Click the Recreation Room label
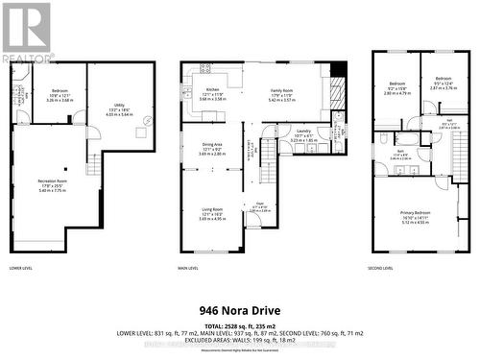[54, 184]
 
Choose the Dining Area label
[213, 148]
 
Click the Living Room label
[213, 211]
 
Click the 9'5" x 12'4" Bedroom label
[443, 83]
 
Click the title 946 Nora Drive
[239, 310]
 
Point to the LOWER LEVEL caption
[20, 268]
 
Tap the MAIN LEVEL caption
[191, 268]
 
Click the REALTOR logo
[26, 30]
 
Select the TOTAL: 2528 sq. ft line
[239, 325]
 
